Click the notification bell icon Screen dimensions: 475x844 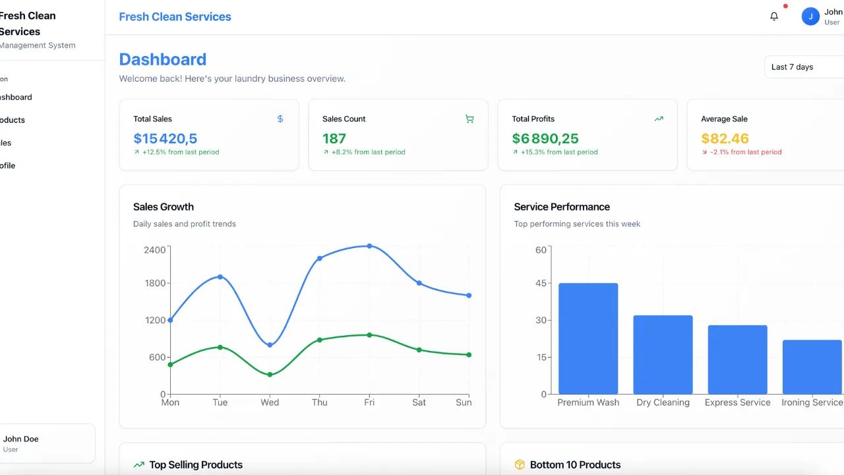pyautogui.click(x=774, y=16)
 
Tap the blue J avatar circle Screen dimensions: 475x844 pyautogui.click(x=810, y=16)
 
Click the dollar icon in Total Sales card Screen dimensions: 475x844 pyautogui.click(x=280, y=119)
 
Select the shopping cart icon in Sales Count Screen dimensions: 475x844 pyautogui.click(x=469, y=119)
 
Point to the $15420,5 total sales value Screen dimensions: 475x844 pyautogui.click(x=166, y=139)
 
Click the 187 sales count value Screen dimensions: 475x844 pyautogui.click(x=334, y=139)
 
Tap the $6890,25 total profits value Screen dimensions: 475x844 pyautogui.click(x=545, y=139)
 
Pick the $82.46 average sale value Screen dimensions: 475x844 pyautogui.click(x=725, y=139)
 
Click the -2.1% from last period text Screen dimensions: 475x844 pyautogui.click(x=745, y=152)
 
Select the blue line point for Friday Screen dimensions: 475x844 pyautogui.click(x=369, y=246)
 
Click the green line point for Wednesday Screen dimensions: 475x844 pyautogui.click(x=270, y=375)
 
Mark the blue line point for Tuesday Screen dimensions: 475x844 pyautogui.click(x=220, y=276)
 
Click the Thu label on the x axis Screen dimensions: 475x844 pyautogui.click(x=319, y=402)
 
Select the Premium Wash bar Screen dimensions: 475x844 pyautogui.click(x=588, y=338)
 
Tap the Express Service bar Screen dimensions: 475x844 pyautogui.click(x=737, y=360)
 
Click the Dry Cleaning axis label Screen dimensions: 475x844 pyautogui.click(x=663, y=402)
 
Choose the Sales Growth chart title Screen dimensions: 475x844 pyautogui.click(x=164, y=206)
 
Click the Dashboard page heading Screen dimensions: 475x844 pyautogui.click(x=163, y=59)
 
